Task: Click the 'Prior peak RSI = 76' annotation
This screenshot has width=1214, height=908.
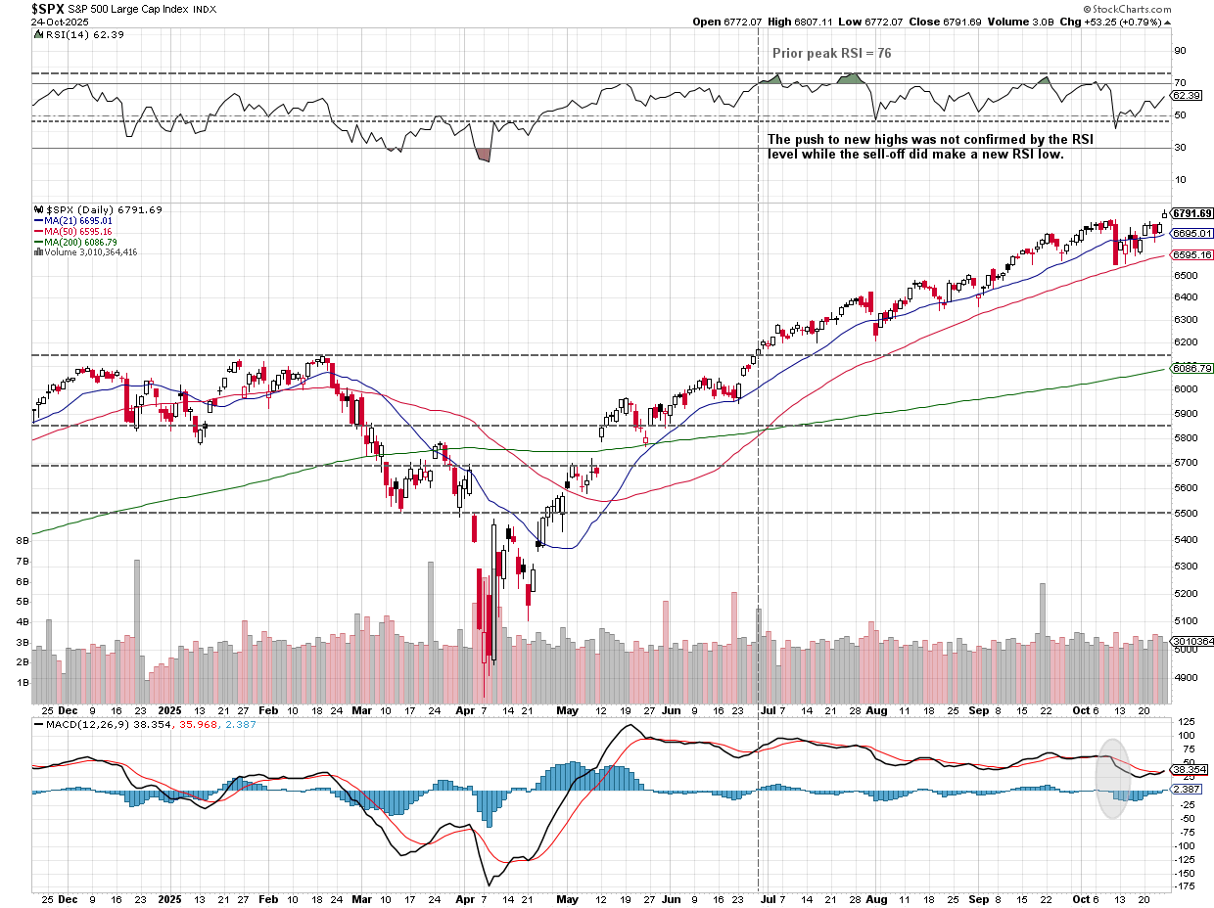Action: [831, 54]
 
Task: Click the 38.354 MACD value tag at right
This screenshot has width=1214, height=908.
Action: [1189, 770]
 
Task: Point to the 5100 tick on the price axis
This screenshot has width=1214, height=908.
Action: [1186, 620]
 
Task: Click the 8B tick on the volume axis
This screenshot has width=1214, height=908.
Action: [22, 540]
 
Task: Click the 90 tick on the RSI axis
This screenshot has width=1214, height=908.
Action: [1180, 51]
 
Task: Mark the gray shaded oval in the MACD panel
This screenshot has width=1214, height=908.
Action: [1112, 778]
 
